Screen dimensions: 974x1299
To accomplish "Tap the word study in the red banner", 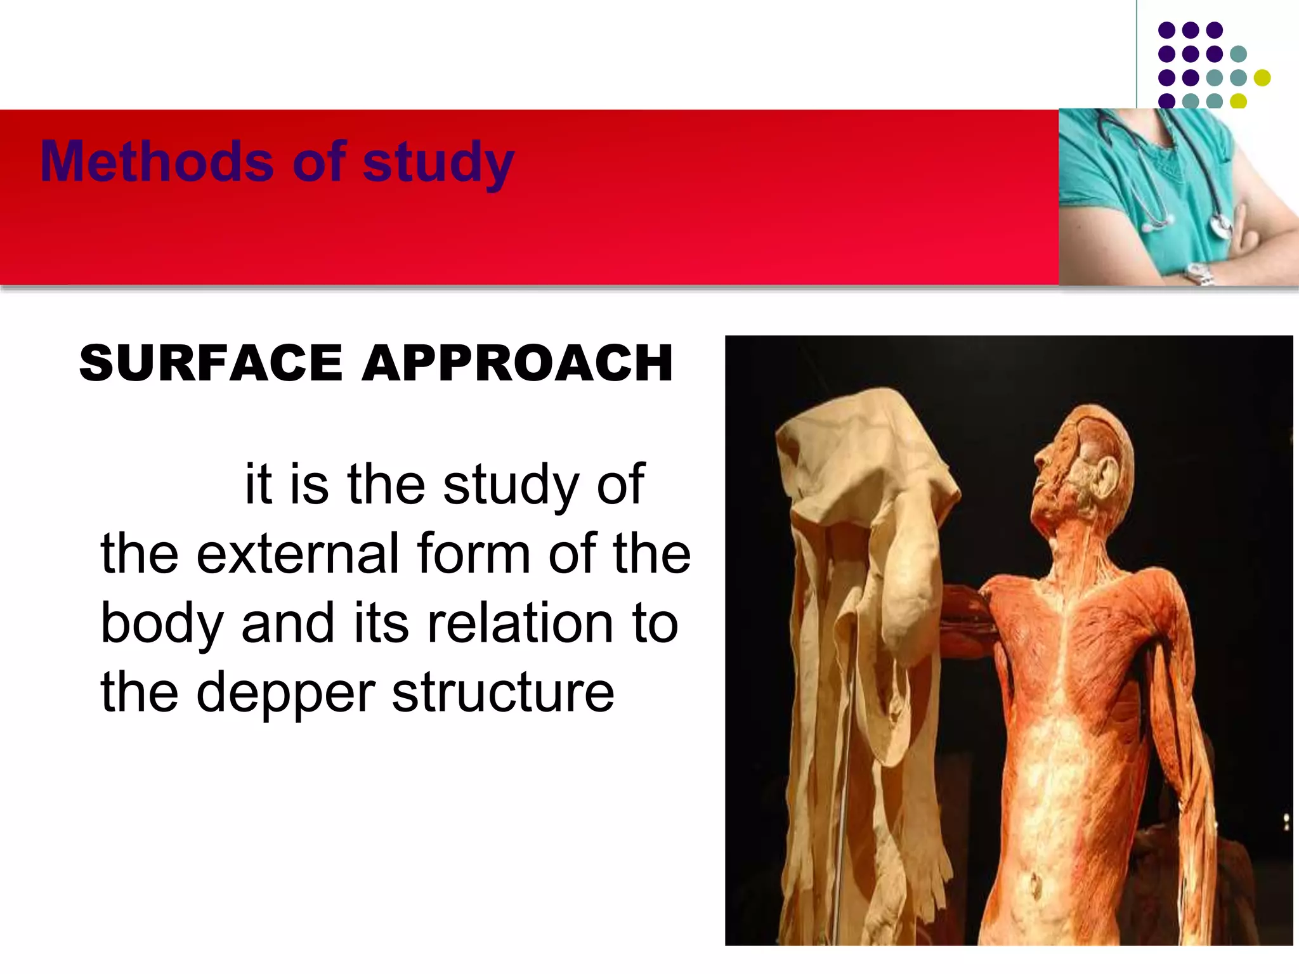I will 438,164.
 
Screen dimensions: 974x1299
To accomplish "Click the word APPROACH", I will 517,363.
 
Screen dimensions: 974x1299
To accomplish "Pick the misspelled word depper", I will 285,692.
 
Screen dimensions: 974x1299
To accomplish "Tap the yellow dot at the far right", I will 1262,77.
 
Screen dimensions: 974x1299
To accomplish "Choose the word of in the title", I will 320,162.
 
